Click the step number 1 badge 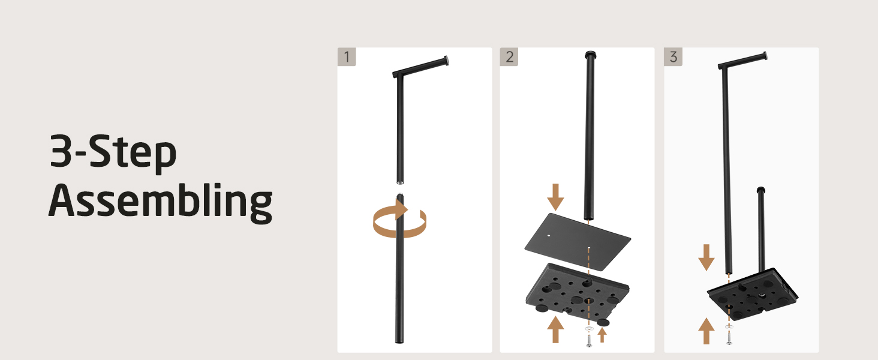[x=347, y=57]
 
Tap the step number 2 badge [x=509, y=57]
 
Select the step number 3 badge [x=673, y=57]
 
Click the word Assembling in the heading [x=160, y=203]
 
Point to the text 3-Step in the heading [x=113, y=153]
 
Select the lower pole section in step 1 [x=399, y=268]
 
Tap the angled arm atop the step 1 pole [x=420, y=66]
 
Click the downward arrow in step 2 [x=555, y=197]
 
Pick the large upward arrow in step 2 [x=555, y=329]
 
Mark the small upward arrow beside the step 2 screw [x=602, y=335]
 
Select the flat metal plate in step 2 [x=578, y=242]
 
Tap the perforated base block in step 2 [x=578, y=293]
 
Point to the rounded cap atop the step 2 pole [x=590, y=55]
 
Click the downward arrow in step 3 [x=706, y=257]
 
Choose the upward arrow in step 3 [x=706, y=331]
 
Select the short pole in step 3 [x=761, y=229]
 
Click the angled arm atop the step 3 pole [x=742, y=61]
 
